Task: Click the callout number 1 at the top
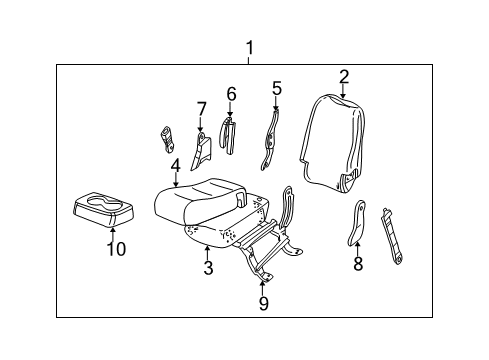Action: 250,47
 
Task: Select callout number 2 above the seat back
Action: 343,76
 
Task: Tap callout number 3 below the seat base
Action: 207,267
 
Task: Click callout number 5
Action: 276,88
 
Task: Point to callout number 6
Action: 230,95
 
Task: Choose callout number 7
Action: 200,108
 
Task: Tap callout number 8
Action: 357,264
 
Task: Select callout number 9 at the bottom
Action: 263,302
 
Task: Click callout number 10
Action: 116,250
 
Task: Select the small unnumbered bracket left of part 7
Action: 168,137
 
